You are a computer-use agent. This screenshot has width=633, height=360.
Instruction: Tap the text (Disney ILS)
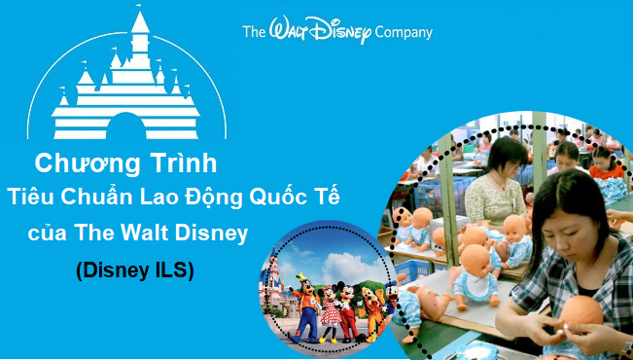tap(135, 272)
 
